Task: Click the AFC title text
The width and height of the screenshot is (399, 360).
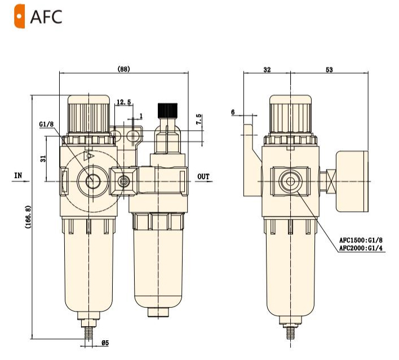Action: click(46, 16)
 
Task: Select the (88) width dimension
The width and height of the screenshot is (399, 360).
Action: click(123, 69)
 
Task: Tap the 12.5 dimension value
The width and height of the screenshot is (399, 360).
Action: click(123, 102)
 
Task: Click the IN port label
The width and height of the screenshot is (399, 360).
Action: click(18, 176)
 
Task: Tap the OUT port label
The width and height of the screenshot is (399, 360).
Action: click(203, 176)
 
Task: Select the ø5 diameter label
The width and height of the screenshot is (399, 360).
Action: click(105, 343)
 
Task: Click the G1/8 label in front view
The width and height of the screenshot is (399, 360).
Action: click(47, 124)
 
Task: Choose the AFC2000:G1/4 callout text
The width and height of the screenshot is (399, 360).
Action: click(362, 248)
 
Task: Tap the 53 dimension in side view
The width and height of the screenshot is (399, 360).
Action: click(329, 70)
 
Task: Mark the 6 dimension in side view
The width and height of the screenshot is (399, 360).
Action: click(233, 112)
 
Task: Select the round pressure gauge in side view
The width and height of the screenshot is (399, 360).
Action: click(352, 180)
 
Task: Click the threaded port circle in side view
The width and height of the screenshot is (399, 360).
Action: click(290, 181)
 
